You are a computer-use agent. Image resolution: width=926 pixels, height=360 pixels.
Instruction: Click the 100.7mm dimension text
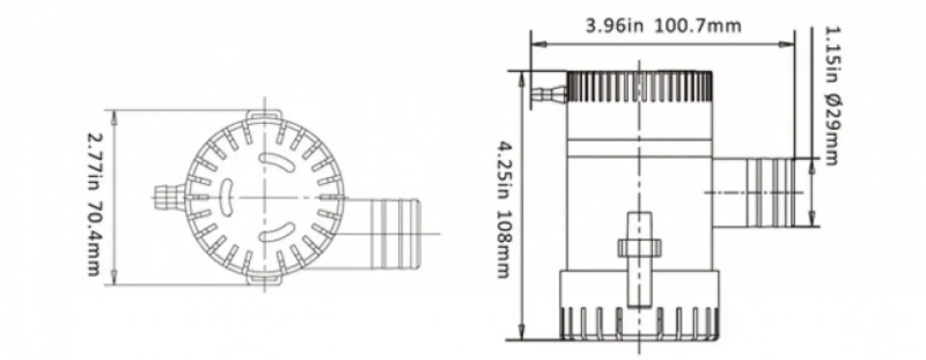click(697, 26)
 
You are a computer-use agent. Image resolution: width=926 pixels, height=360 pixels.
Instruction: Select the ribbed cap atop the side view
click(639, 86)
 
